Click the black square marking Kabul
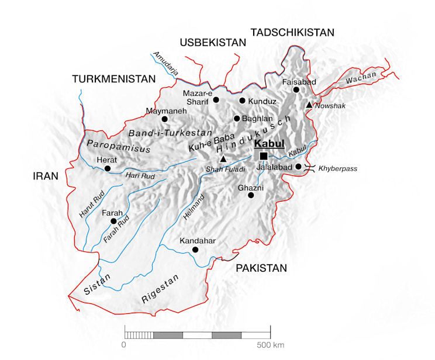click(x=264, y=156)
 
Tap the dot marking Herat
click(x=108, y=168)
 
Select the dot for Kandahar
click(x=195, y=250)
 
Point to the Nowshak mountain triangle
click(x=309, y=105)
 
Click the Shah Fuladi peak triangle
click(x=223, y=158)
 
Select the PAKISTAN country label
click(x=261, y=268)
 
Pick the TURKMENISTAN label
click(x=113, y=79)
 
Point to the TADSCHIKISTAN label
click(x=292, y=33)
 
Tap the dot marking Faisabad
click(x=296, y=89)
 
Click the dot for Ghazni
click(x=251, y=195)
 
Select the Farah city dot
click(x=113, y=221)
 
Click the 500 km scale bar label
click(x=270, y=345)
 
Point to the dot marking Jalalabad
click(x=299, y=167)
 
